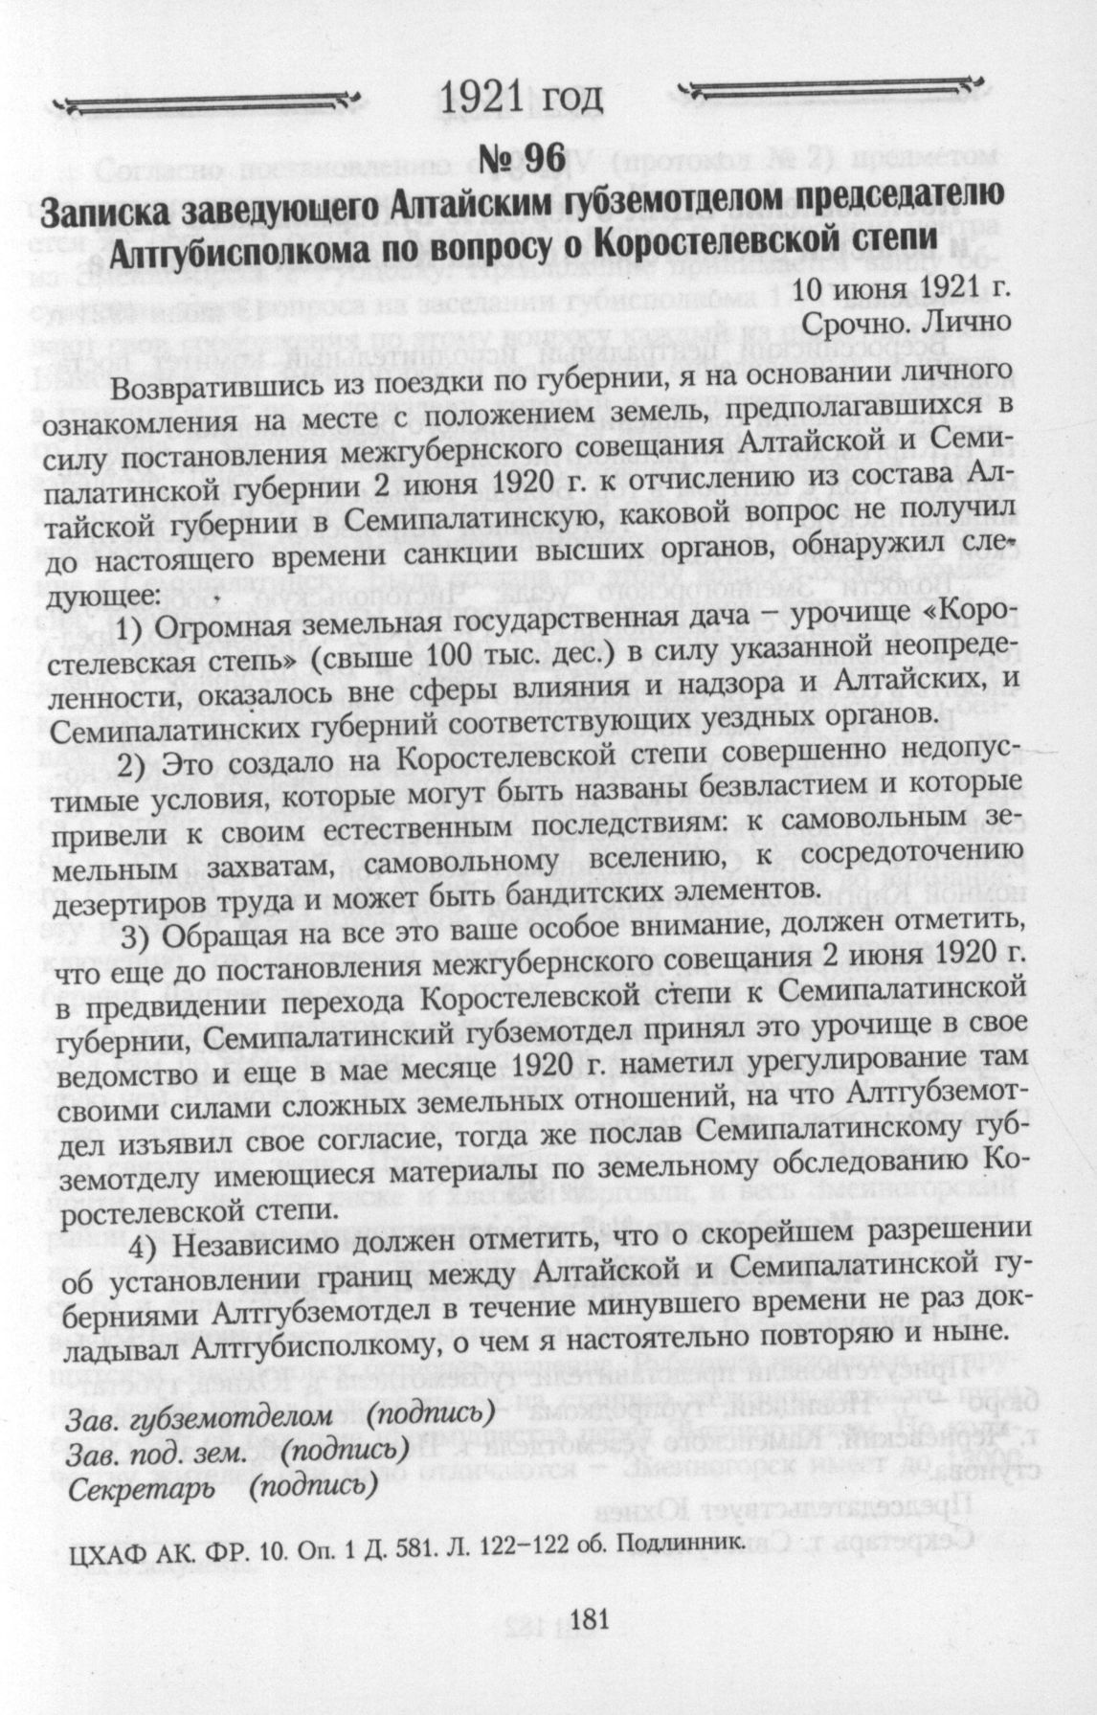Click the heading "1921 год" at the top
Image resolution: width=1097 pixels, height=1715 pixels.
(x=522, y=99)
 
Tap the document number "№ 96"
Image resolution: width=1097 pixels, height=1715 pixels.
(x=525, y=159)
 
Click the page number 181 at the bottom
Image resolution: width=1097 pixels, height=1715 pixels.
(x=590, y=1617)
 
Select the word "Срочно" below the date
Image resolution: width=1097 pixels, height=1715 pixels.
(x=861, y=322)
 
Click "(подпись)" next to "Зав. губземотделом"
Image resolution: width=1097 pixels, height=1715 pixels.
(x=432, y=1412)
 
